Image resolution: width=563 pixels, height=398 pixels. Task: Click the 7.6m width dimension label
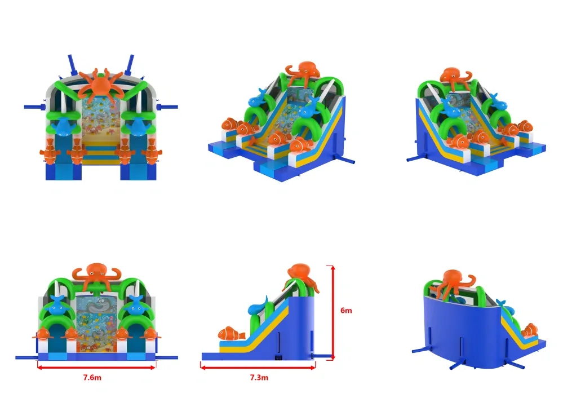(x=92, y=378)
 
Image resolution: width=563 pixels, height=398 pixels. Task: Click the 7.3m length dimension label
(x=259, y=378)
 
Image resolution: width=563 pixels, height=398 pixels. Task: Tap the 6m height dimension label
(x=346, y=311)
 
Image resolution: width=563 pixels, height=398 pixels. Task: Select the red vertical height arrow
(x=333, y=312)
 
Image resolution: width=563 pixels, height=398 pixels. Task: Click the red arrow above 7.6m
(x=96, y=367)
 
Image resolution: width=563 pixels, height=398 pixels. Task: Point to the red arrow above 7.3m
(x=258, y=367)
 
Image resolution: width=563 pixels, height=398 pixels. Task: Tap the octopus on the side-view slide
(x=301, y=277)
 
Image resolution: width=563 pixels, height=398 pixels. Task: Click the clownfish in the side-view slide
(x=232, y=333)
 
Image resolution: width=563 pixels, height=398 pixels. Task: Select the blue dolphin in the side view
(x=259, y=307)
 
